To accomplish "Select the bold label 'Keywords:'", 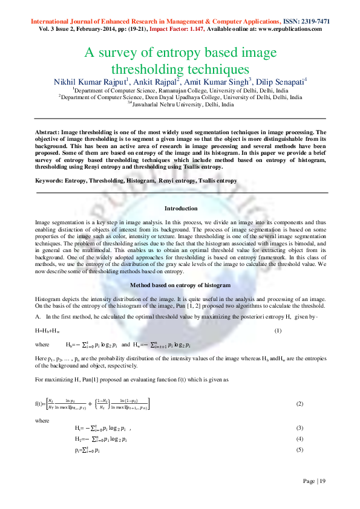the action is tap(50, 181).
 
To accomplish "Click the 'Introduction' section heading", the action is tap(181, 209).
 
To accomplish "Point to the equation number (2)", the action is tap(299, 403).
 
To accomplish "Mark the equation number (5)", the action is tap(299, 450).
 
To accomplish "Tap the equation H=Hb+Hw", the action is tap(47, 331).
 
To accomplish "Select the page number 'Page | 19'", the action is tap(314, 481).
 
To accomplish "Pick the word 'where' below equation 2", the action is tap(42, 420).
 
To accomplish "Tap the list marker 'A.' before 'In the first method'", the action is tap(38, 317).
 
